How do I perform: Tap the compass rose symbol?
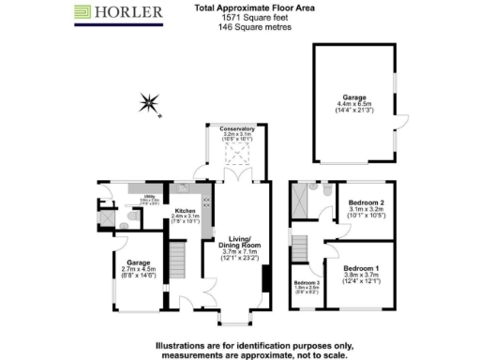149,101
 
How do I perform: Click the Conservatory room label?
237,127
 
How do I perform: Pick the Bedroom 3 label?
306,282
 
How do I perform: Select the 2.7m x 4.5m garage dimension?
137,270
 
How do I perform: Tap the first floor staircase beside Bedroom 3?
300,248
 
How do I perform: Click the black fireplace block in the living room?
266,279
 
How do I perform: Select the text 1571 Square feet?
242,18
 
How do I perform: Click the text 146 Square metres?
242,27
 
